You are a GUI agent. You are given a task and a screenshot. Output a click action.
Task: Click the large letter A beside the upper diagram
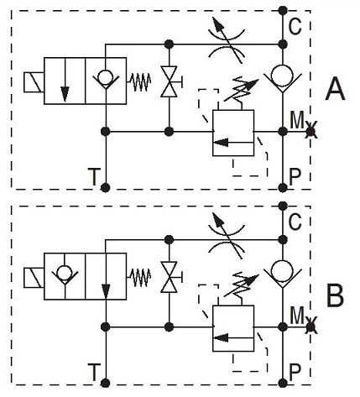[x=335, y=89]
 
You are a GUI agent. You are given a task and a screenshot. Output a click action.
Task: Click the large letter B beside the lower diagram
[x=335, y=295]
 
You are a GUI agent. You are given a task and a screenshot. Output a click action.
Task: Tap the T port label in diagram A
[x=94, y=177]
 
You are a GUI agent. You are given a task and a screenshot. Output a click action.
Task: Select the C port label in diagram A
[x=295, y=26]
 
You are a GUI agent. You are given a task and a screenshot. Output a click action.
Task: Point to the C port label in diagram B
[x=295, y=222]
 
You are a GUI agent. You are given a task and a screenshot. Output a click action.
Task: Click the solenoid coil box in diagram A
[x=34, y=82]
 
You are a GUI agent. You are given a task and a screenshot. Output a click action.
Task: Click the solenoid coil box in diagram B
[x=34, y=278]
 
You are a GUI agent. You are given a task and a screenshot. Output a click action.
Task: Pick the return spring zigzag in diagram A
[x=139, y=82]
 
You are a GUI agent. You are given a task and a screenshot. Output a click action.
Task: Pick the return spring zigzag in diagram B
[x=139, y=278]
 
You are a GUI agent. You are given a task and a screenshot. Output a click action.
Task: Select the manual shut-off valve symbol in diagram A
[x=170, y=81]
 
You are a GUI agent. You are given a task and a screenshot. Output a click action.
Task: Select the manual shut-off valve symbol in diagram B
[x=170, y=277]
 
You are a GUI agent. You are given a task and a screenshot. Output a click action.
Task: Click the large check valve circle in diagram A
[x=283, y=76]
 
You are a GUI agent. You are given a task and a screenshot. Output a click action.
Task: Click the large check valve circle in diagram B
[x=283, y=271]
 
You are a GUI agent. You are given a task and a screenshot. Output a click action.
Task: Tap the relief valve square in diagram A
[x=233, y=133]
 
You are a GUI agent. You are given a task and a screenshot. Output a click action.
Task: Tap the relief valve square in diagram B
[x=233, y=328]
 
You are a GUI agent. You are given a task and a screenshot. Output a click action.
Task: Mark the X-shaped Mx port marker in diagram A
[x=310, y=131]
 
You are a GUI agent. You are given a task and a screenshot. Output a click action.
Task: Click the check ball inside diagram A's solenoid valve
[x=106, y=76]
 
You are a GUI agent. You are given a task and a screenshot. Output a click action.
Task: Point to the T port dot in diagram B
[x=105, y=383]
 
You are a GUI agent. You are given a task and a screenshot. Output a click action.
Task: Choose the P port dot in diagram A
[x=283, y=187]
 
